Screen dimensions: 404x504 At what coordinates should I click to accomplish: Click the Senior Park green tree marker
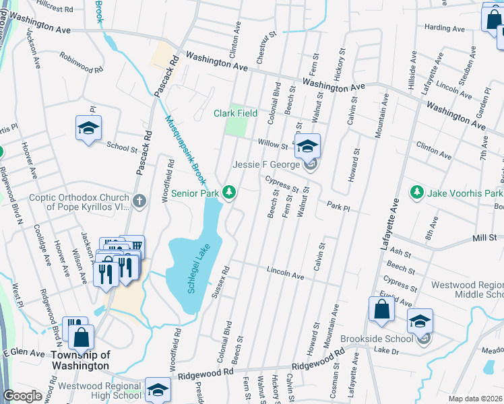pyautogui.click(x=230, y=193)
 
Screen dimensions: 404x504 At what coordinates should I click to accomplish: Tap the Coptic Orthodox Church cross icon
pyautogui.click(x=139, y=200)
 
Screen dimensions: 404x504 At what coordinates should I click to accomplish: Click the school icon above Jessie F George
pyautogui.click(x=307, y=145)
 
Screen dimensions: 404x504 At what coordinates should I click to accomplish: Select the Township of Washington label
pyautogui.click(x=80, y=360)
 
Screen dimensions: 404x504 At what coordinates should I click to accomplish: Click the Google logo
pyautogui.click(x=23, y=396)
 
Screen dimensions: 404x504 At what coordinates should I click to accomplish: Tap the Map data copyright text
pyautogui.click(x=474, y=399)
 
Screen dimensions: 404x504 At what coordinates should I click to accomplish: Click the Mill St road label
pyautogui.click(x=484, y=238)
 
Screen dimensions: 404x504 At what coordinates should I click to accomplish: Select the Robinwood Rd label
pyautogui.click(x=81, y=63)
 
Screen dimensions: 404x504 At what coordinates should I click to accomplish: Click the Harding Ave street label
pyautogui.click(x=445, y=29)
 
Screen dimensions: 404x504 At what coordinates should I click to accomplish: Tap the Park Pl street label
pyautogui.click(x=338, y=204)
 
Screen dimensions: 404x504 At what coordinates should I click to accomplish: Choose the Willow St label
pyautogui.click(x=272, y=143)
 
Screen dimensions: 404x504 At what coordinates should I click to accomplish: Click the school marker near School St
pyautogui.click(x=88, y=129)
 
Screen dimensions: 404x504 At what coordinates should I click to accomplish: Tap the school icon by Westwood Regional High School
pyautogui.click(x=158, y=389)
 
